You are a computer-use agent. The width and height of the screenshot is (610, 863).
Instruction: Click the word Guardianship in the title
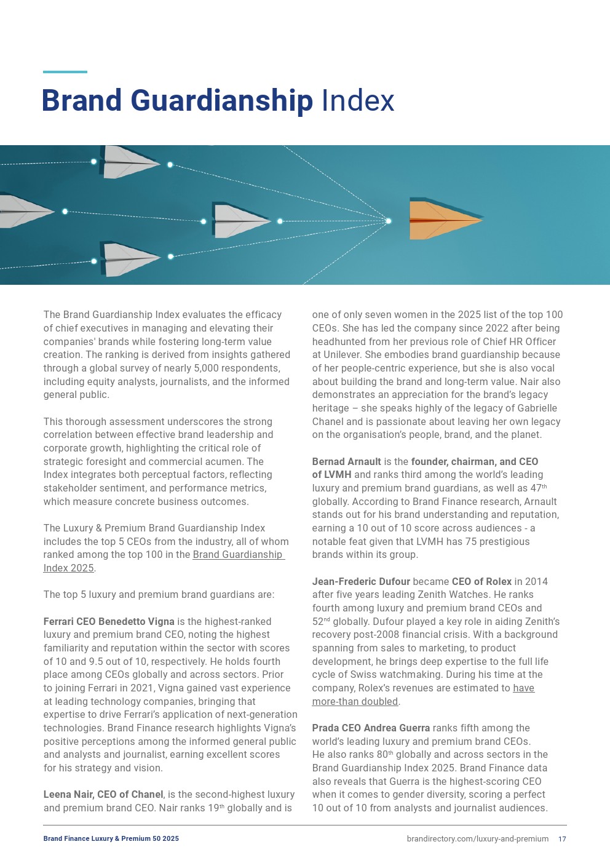pyautogui.click(x=222, y=101)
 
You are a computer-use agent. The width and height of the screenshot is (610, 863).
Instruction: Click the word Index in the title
pyautogui.click(x=358, y=101)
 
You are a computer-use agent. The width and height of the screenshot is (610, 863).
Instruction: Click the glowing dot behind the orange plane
pyautogui.click(x=389, y=221)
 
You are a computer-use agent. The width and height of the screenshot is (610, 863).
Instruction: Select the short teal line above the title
pyautogui.click(x=65, y=72)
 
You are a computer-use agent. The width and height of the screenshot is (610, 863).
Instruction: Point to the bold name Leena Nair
pyautogui.click(x=68, y=795)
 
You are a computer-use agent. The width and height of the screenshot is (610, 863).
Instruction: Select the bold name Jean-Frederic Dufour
pyautogui.click(x=361, y=581)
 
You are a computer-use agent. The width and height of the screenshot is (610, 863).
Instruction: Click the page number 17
pyautogui.click(x=562, y=839)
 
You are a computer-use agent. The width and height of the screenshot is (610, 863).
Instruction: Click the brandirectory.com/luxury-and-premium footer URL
pyautogui.click(x=477, y=839)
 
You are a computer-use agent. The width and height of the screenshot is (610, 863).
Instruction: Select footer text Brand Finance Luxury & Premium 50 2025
pyautogui.click(x=111, y=839)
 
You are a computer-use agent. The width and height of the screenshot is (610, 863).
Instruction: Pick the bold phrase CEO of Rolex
pyautogui.click(x=481, y=581)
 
